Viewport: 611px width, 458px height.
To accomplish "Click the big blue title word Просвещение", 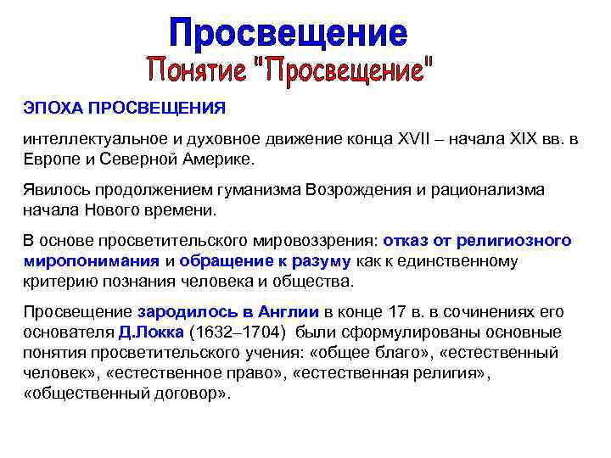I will click(x=288, y=33).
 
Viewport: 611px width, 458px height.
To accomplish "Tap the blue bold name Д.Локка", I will click(x=152, y=330).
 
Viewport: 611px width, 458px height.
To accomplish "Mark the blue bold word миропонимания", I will click(x=92, y=260).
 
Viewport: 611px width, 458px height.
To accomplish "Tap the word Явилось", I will click(x=53, y=190).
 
